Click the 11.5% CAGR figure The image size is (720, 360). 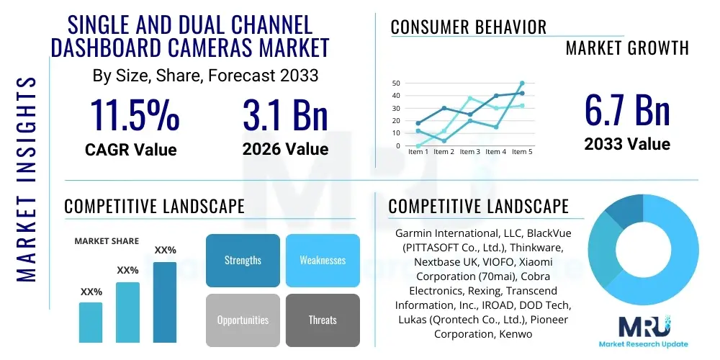tap(135, 115)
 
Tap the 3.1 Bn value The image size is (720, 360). tap(285, 115)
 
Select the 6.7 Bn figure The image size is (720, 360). tap(627, 111)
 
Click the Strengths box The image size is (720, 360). tap(243, 260)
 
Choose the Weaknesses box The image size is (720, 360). tap(323, 260)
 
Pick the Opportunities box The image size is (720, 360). tap(243, 320)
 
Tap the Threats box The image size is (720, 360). tap(323, 320)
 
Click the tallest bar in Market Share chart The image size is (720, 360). tap(165, 302)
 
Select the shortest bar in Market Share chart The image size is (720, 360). tap(91, 322)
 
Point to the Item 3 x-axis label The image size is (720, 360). tap(469, 152)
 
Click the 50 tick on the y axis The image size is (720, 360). tap(396, 84)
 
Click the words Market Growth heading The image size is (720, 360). tap(627, 48)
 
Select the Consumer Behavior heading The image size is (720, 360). tap(468, 27)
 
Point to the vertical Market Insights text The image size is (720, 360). tap(26, 180)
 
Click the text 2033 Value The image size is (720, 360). tap(627, 144)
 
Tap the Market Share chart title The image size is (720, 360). tap(107, 241)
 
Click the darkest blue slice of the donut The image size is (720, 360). tap(620, 211)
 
